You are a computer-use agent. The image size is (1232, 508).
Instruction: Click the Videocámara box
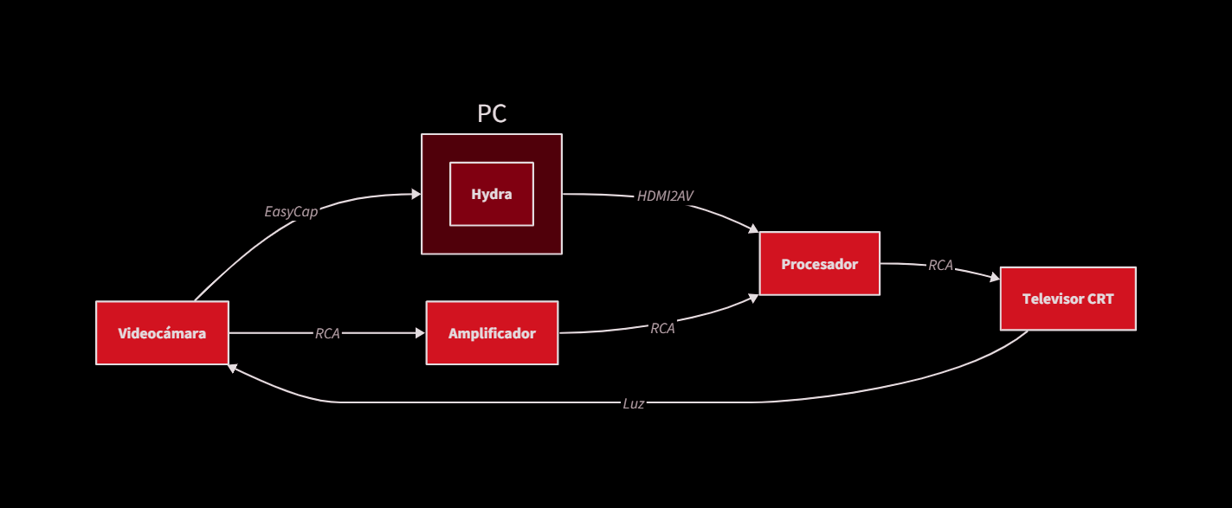coord(162,333)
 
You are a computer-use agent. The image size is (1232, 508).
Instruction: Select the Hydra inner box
coord(491,194)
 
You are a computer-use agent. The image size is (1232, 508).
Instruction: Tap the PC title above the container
coord(492,113)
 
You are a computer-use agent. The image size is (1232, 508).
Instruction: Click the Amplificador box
coord(492,333)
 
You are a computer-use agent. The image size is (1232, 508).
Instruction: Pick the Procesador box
coord(819,264)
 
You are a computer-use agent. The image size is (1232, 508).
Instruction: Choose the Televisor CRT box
coord(1068,299)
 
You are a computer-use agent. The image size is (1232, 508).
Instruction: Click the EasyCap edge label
coord(291,211)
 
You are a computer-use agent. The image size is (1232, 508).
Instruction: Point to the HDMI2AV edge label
coord(665,196)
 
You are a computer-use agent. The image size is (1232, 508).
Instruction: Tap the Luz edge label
coord(634,403)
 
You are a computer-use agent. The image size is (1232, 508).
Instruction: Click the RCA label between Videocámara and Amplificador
coord(327,333)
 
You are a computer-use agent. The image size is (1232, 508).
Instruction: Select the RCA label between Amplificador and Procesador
coord(662,328)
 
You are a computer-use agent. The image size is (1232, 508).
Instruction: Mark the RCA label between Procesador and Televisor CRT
coord(940,266)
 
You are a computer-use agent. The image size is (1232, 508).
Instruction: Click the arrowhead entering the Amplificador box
coord(421,333)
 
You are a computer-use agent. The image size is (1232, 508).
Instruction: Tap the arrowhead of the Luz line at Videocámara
coord(233,368)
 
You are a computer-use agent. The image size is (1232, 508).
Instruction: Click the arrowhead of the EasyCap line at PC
coord(416,194)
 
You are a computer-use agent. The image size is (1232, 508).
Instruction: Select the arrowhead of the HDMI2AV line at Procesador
coord(753,229)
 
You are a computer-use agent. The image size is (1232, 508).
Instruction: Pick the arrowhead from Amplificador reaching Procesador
coord(754,298)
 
